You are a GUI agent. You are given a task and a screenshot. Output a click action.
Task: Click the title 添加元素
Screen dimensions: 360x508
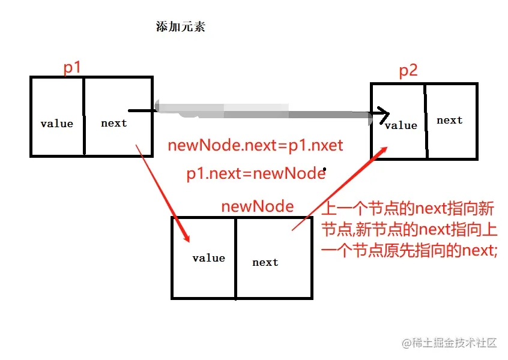[180, 28]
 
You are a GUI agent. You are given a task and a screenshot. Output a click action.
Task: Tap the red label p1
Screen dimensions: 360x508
[72, 68]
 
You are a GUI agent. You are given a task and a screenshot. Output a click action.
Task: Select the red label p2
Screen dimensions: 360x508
[408, 71]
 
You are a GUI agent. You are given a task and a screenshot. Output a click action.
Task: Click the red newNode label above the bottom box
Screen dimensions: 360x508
[257, 207]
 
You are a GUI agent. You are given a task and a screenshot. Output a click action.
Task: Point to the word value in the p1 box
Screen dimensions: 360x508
[56, 124]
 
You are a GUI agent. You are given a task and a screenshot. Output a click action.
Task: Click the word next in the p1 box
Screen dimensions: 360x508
[113, 124]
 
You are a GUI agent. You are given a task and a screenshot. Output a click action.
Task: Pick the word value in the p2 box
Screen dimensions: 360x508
[401, 125]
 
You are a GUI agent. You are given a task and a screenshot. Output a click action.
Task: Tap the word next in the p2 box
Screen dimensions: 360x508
[449, 121]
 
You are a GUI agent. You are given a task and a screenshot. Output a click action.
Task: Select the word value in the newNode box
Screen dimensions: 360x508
[208, 259]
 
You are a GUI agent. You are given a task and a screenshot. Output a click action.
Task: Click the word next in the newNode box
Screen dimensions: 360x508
[265, 262]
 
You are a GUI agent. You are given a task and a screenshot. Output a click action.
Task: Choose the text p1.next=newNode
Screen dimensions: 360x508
[255, 174]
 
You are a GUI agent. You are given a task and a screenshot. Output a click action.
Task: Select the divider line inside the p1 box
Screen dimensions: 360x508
[83, 116]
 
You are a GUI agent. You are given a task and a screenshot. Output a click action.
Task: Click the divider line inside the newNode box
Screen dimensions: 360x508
[235, 258]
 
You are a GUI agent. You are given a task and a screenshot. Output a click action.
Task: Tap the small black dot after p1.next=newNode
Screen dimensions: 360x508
[325, 169]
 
